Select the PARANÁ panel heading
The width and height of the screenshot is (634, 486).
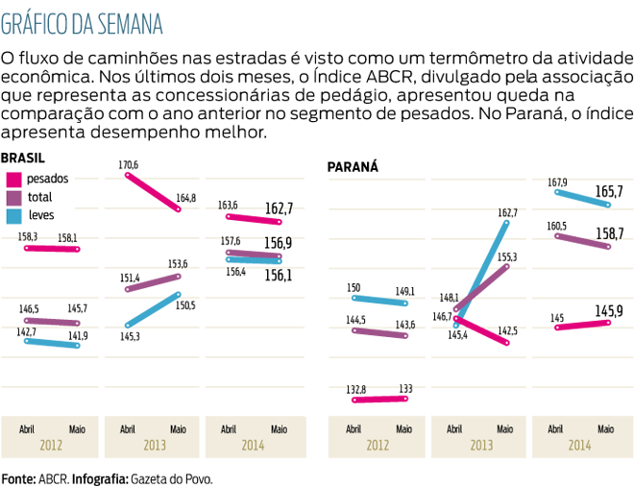(x=353, y=166)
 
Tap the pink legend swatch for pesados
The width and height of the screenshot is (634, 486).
(x=14, y=179)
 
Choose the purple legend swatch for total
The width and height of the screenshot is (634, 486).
(x=14, y=197)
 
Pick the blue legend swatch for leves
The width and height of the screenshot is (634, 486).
(x=14, y=215)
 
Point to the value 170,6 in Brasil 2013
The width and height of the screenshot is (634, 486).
(x=128, y=165)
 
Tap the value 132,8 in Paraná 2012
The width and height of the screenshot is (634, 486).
(x=354, y=389)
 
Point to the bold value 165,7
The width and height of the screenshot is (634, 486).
(x=609, y=192)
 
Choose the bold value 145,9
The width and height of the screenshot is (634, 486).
(x=609, y=310)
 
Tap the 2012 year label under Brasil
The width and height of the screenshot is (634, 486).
(x=54, y=446)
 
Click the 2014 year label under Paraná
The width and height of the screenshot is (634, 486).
(x=579, y=446)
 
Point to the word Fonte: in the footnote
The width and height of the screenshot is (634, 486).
(x=18, y=477)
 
